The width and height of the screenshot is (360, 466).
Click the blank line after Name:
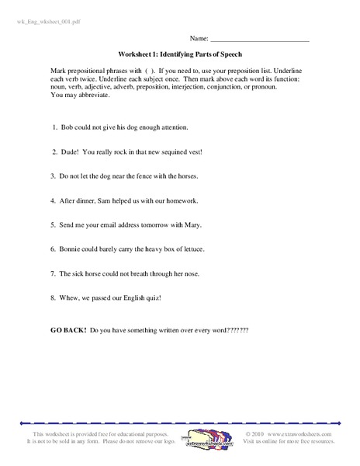pyautogui.click(x=260, y=37)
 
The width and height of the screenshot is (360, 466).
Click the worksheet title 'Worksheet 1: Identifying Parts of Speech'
pyautogui.click(x=180, y=54)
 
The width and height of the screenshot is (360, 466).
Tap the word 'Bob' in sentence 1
pyautogui.click(x=67, y=125)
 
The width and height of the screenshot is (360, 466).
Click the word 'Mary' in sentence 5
pyautogui.click(x=215, y=224)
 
